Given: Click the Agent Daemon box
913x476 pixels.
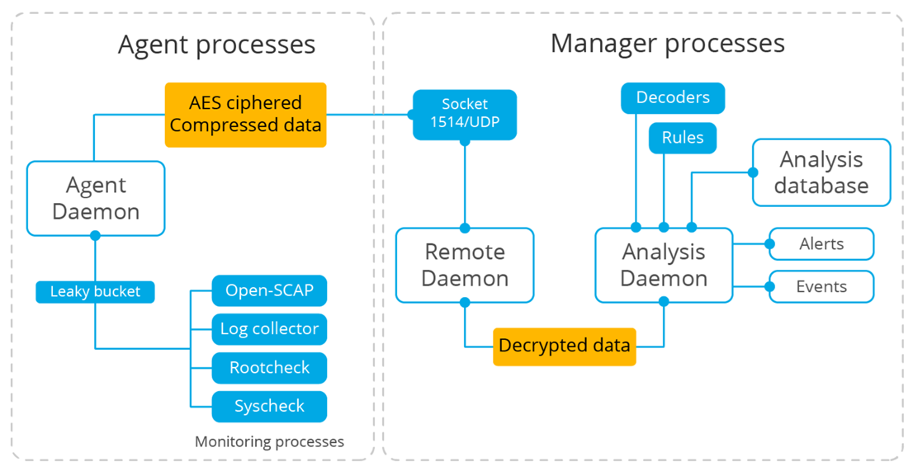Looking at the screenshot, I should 96,198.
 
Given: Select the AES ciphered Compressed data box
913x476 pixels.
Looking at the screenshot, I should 245,115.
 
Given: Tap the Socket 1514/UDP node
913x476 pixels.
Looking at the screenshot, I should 465,115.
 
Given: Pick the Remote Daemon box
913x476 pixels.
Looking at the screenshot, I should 465,265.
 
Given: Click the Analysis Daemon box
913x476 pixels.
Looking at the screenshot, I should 664,265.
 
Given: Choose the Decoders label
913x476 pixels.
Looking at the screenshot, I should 672,97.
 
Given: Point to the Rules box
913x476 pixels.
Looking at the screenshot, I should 683,138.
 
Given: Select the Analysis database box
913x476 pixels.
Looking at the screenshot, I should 821,172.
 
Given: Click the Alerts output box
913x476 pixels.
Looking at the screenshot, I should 821,244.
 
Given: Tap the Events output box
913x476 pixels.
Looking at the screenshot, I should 821,287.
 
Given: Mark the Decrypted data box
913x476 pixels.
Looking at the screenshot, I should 565,346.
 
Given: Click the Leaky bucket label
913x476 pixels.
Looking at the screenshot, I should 95,292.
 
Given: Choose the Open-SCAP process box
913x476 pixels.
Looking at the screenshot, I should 269,290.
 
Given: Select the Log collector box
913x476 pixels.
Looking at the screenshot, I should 269,329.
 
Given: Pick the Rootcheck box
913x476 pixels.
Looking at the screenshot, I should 269,368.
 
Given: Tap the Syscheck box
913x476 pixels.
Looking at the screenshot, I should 269,407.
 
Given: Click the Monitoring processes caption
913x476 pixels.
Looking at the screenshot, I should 269,442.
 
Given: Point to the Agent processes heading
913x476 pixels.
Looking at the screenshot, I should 216,45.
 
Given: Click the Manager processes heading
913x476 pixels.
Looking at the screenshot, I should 667,43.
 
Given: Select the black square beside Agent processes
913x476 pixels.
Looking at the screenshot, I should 86,45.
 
